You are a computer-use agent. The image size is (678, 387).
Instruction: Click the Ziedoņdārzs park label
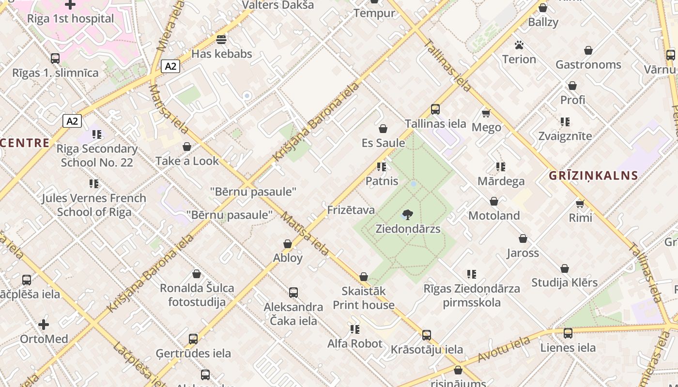(408, 228)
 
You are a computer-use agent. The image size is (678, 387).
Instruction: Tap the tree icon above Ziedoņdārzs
(408, 214)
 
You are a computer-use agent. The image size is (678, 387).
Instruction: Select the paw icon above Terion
(519, 45)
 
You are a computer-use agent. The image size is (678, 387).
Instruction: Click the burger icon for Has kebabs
(221, 39)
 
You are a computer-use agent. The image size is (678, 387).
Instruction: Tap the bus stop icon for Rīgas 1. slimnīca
(55, 59)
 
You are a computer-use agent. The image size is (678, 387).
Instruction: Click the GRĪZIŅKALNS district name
(593, 176)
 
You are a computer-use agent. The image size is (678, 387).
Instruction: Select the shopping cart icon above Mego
(486, 113)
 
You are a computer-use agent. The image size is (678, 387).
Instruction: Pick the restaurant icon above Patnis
(382, 167)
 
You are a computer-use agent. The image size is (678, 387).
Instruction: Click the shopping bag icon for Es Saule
(383, 129)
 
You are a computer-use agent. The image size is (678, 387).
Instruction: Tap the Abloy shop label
(288, 258)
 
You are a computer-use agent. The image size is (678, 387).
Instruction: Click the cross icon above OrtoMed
(44, 324)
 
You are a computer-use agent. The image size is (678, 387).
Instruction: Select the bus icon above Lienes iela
(568, 333)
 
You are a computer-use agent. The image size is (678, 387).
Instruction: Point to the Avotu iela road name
(504, 350)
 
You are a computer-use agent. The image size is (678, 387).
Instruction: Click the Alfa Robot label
(355, 344)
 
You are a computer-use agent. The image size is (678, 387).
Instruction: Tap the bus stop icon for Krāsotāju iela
(426, 335)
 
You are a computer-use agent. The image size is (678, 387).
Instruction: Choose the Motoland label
(494, 216)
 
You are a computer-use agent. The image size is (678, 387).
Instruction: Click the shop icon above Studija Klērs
(565, 268)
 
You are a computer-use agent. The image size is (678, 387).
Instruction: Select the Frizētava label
(351, 210)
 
